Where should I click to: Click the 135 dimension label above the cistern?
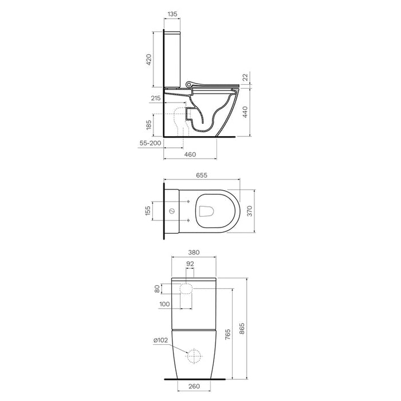point(172,14)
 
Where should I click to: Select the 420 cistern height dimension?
point(148,60)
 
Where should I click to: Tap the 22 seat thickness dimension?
point(245,77)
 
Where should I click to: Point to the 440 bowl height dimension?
point(245,112)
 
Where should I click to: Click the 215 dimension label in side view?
point(156,98)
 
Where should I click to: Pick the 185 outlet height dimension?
point(148,125)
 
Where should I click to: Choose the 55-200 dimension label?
point(150,143)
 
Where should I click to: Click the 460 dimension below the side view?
point(190,155)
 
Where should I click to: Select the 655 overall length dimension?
point(202,175)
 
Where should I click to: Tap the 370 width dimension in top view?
point(250,211)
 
